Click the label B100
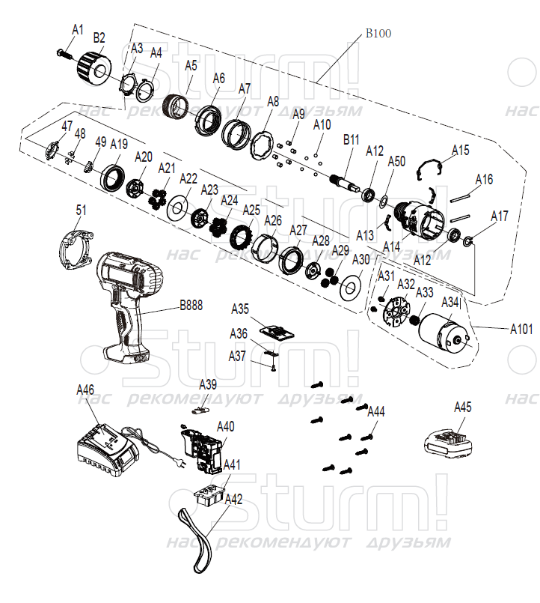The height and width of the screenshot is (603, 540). [378, 34]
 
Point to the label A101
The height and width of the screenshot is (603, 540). [522, 328]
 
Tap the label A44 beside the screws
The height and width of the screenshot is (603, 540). [375, 412]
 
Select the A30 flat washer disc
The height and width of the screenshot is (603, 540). [349, 286]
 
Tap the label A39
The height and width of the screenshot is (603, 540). [208, 384]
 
